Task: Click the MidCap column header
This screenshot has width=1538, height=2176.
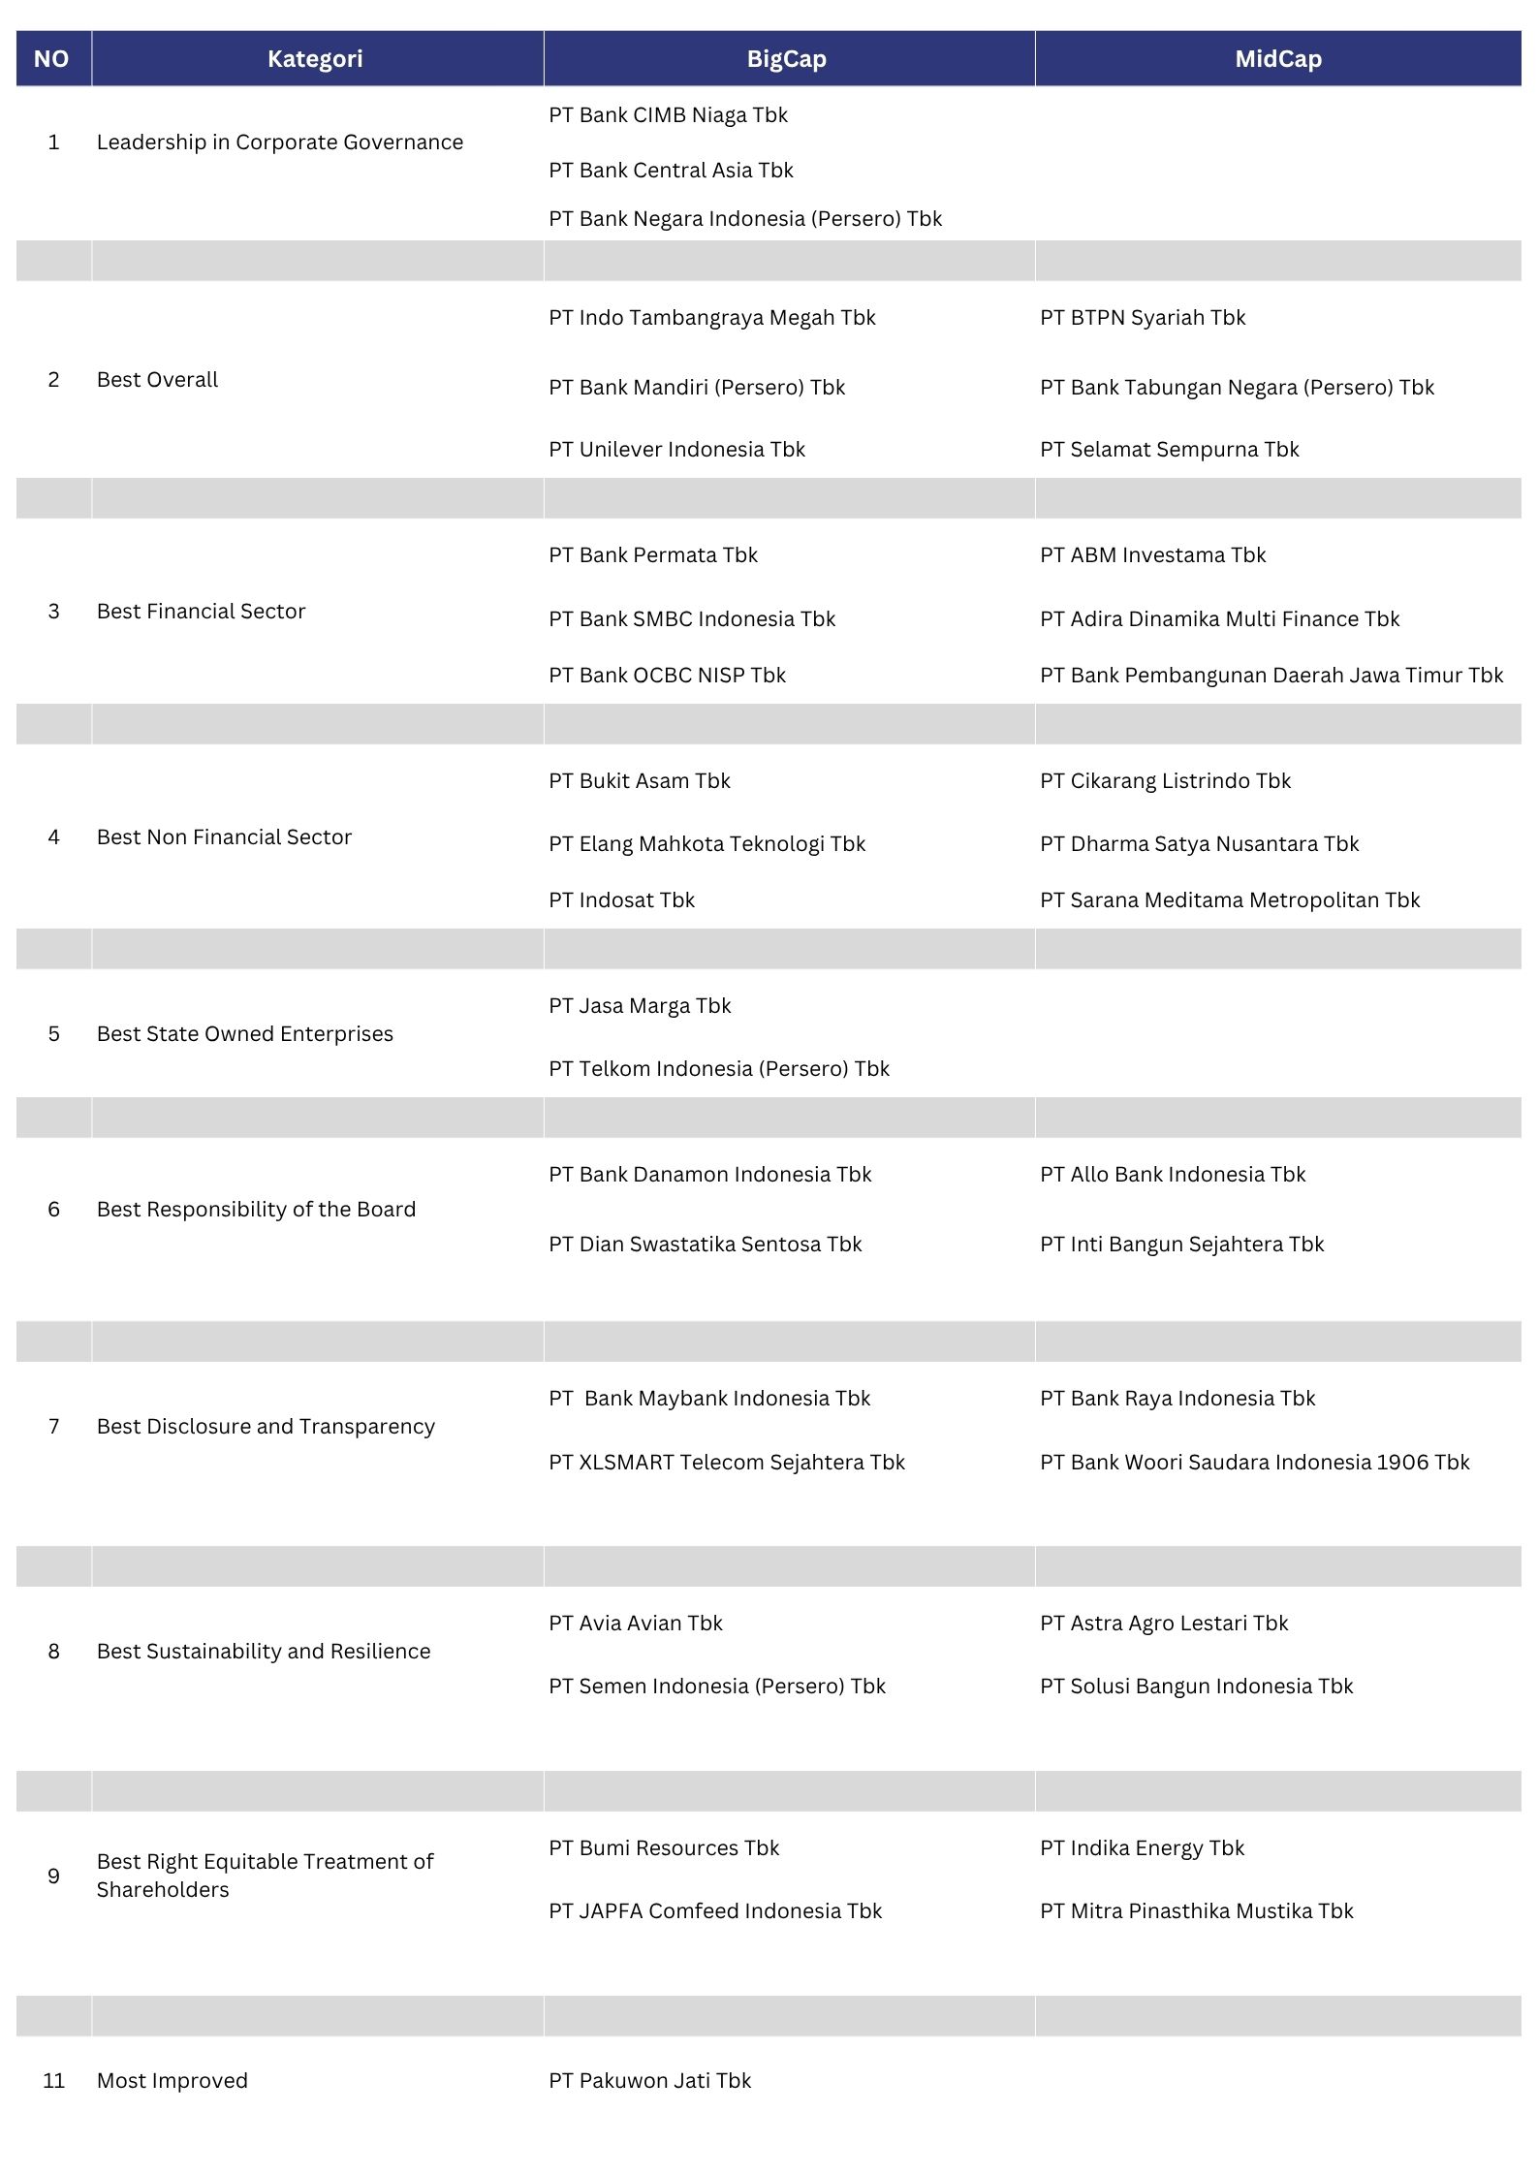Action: click(x=1277, y=59)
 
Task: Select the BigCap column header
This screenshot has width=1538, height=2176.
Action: click(x=786, y=59)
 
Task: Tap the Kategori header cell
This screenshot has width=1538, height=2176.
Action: click(x=315, y=59)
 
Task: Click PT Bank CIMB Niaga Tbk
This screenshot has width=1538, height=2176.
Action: click(x=668, y=115)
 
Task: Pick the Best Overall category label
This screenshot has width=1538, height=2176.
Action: click(x=157, y=380)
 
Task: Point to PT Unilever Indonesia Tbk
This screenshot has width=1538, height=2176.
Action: click(x=676, y=450)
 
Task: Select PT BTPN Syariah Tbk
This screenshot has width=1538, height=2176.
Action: click(x=1143, y=318)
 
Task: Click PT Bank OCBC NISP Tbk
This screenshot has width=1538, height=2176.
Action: click(x=667, y=676)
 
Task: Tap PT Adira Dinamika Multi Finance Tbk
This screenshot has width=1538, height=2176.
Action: click(x=1219, y=619)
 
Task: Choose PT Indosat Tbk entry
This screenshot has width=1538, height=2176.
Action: click(x=621, y=900)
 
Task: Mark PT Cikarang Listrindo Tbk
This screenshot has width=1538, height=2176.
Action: click(x=1165, y=781)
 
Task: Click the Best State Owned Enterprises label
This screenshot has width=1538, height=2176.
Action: click(x=245, y=1034)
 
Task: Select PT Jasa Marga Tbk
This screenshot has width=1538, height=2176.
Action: click(x=640, y=1006)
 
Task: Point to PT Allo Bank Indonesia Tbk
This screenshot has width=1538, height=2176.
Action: click(x=1173, y=1175)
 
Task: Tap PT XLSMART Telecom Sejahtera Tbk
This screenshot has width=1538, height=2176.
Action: click(x=726, y=1463)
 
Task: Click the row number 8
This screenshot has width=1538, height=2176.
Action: click(x=54, y=1652)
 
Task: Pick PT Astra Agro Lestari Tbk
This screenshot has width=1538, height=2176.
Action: click(x=1164, y=1624)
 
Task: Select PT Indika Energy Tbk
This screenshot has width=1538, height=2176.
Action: click(x=1142, y=1848)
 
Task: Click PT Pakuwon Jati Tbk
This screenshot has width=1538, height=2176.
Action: click(x=649, y=2081)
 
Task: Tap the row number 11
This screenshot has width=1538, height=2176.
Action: click(x=54, y=2081)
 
